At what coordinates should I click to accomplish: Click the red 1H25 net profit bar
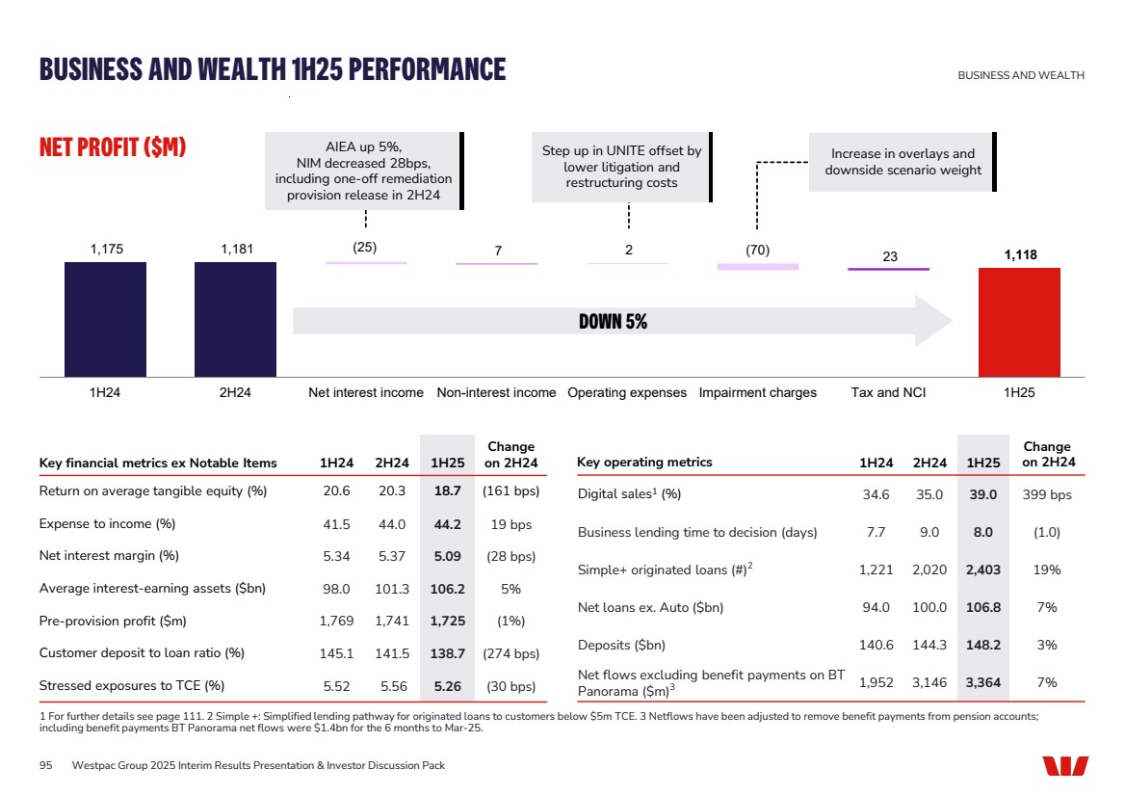pos(1019,322)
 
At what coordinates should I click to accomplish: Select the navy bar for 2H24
pos(235,319)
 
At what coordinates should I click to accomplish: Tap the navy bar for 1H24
pos(105,319)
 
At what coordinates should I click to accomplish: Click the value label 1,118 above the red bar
pos(1019,254)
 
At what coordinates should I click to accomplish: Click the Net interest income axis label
pos(365,393)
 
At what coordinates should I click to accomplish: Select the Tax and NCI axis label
pos(888,393)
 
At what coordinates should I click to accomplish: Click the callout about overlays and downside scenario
pos(903,162)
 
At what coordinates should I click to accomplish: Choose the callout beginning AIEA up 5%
pos(363,172)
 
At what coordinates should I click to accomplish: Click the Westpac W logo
pos(1064,765)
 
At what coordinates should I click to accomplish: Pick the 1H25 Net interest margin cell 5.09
pos(447,556)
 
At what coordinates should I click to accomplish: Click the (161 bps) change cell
pos(510,491)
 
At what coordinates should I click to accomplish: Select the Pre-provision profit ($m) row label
pos(113,621)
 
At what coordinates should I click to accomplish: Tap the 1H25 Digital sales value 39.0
pos(982,495)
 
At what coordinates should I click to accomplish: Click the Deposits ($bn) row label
pos(621,646)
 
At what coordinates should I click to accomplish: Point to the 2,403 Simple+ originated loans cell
pos(982,570)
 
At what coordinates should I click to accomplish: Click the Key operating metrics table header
pos(644,463)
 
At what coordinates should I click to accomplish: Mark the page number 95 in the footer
pos(45,765)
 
